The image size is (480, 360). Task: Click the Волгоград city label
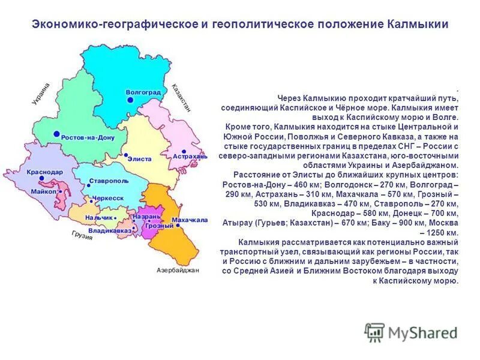143,92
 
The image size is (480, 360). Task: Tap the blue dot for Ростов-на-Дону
56,134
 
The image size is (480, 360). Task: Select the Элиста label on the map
140,159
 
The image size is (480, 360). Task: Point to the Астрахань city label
190,157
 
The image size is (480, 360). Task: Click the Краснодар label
44,172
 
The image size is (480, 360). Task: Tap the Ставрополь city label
109,180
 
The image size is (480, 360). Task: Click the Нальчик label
99,217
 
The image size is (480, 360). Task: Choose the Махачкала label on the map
190,220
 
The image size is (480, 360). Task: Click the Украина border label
41,95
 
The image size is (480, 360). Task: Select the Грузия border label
82,235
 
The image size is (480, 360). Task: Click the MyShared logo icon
374,332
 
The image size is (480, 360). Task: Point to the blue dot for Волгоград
130,100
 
